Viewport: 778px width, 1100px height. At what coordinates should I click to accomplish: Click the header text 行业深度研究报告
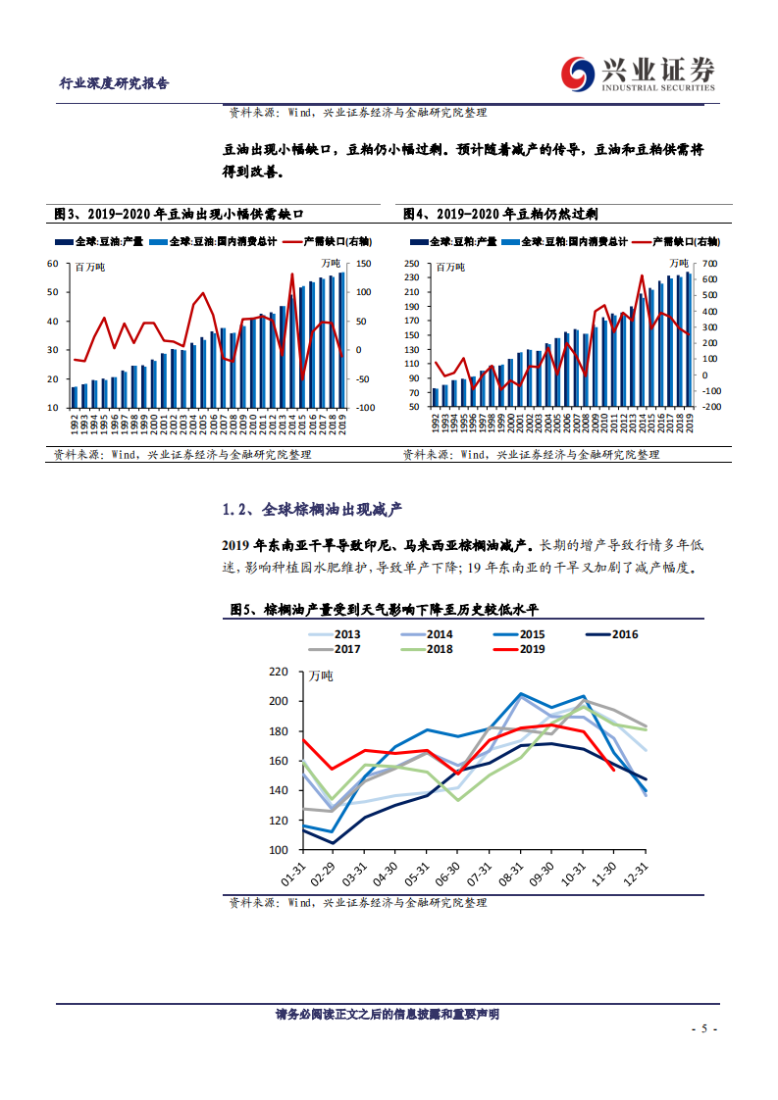click(x=115, y=83)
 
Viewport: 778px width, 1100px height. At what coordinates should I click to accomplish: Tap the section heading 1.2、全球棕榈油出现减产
click(x=313, y=510)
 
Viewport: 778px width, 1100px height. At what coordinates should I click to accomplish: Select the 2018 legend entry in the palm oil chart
click(x=428, y=648)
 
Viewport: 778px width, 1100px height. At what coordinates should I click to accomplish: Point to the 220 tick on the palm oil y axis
click(x=279, y=672)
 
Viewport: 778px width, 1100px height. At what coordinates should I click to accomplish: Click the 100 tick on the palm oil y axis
click(x=279, y=850)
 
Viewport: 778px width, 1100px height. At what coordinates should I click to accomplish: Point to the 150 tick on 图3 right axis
click(x=363, y=263)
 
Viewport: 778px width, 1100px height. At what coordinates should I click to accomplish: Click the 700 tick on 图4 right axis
click(x=710, y=263)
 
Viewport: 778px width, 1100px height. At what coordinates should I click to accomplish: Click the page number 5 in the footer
click(x=705, y=1028)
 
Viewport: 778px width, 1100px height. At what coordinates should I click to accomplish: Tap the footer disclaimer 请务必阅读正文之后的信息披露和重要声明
click(x=388, y=1014)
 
